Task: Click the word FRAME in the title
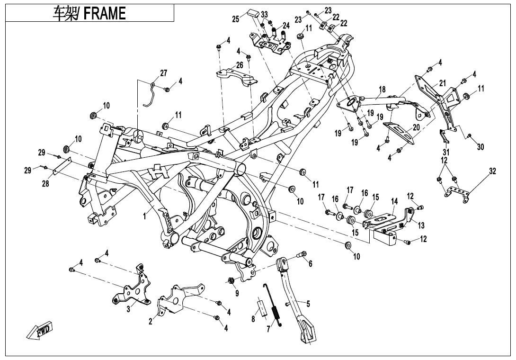tap(105, 13)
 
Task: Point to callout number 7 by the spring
tap(267, 328)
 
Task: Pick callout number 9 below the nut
tap(237, 293)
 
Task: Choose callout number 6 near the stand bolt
tap(311, 263)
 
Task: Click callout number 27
tap(164, 73)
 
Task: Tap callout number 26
tap(240, 65)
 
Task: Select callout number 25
tap(236, 19)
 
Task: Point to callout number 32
tap(492, 171)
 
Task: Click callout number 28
tap(45, 183)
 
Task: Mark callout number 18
tap(382, 90)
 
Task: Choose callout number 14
tap(394, 201)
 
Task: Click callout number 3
tap(128, 310)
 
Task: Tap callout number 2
tap(151, 322)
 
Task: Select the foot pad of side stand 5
tap(305, 332)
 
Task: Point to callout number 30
tap(480, 147)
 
